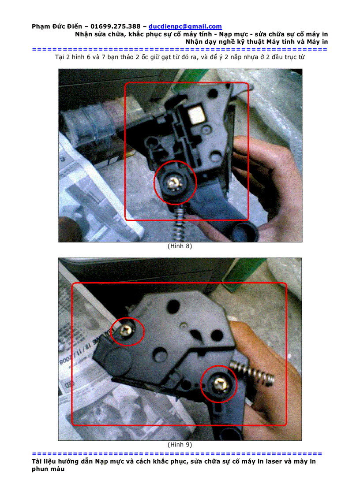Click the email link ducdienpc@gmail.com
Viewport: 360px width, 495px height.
coord(185,26)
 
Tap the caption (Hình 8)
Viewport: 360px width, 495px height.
coord(180,246)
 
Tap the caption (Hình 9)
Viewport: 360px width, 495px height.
coord(180,444)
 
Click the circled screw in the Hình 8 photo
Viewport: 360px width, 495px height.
coord(174,183)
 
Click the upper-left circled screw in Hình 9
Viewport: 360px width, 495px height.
coord(127,331)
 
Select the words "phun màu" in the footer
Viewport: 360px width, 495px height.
coord(48,469)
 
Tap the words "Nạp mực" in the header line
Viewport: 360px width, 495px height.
coord(231,34)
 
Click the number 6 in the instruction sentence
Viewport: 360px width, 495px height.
coord(89,57)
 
